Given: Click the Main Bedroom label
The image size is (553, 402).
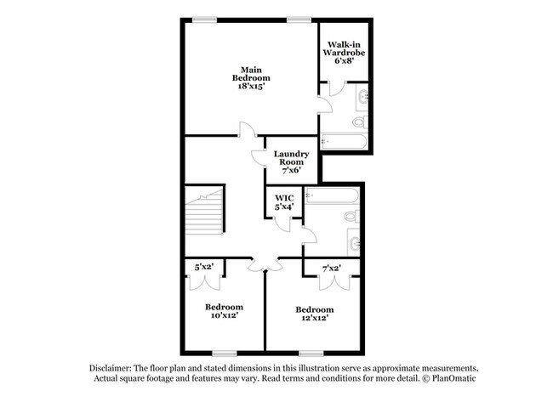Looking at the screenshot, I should (x=249, y=78).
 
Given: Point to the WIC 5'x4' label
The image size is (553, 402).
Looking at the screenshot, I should (x=283, y=202).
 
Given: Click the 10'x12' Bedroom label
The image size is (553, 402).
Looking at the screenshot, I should (x=224, y=310).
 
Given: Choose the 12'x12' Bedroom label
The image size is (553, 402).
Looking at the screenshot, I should (x=314, y=314).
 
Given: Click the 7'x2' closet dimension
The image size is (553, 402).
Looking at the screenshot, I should (x=331, y=269).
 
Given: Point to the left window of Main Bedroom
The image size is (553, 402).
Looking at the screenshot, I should (x=203, y=19).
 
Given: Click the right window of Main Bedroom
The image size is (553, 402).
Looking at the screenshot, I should (x=297, y=19).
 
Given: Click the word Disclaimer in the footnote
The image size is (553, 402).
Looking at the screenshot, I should (x=118, y=366).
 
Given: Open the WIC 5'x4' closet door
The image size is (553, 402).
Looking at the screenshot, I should (x=281, y=222).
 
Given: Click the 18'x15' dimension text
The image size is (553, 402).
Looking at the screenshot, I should (x=249, y=88).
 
